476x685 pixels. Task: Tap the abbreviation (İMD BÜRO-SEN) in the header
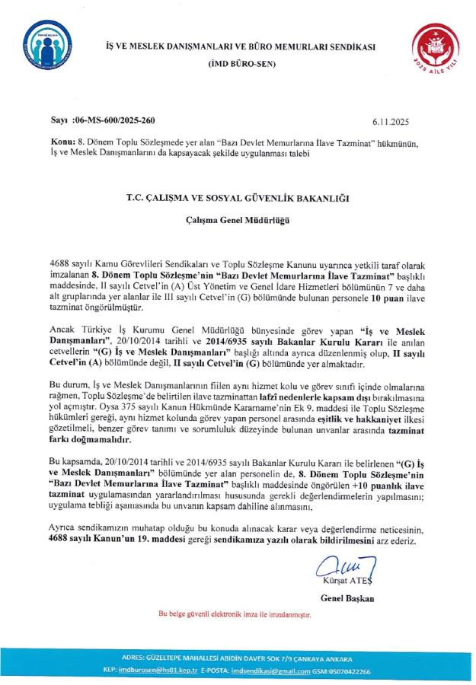point(239,65)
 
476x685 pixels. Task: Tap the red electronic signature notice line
point(236,613)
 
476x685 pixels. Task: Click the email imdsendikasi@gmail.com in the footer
point(292,672)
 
